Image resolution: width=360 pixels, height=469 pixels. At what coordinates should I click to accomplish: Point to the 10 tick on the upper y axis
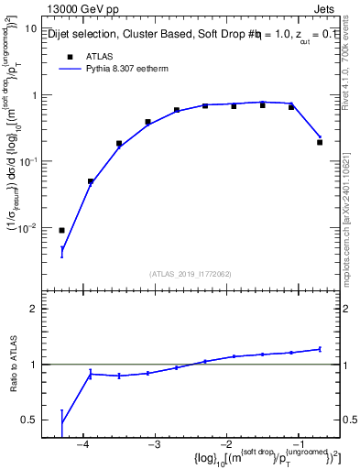click(29, 28)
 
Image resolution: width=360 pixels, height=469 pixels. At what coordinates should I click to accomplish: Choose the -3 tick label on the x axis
click(154, 445)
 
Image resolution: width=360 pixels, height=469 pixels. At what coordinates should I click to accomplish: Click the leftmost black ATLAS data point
click(61, 230)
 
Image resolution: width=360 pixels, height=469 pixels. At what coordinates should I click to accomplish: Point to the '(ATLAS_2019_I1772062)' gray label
click(190, 274)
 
